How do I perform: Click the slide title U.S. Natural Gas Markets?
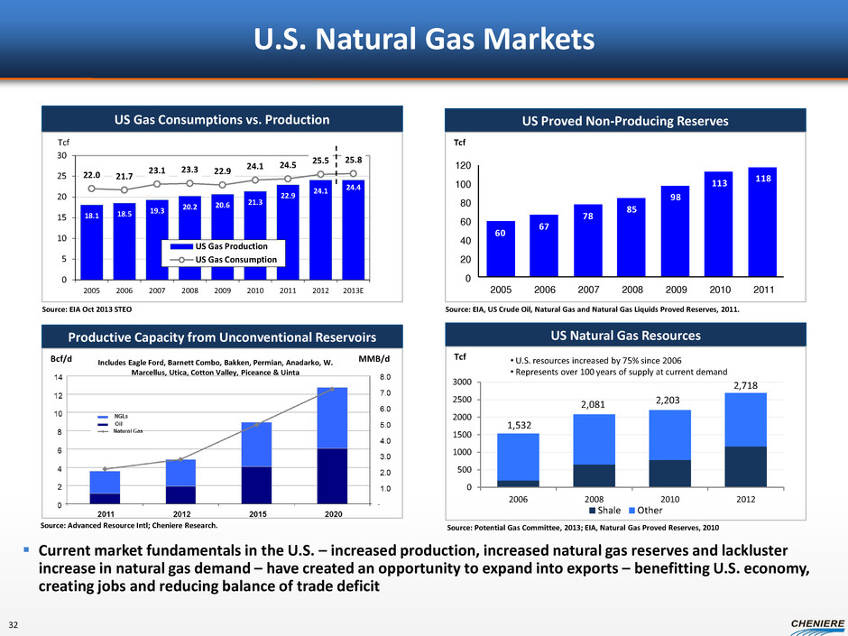click(424, 41)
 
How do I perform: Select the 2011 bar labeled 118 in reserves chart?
click(762, 222)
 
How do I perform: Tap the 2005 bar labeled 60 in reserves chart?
click(501, 249)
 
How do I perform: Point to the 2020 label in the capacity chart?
click(332, 515)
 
